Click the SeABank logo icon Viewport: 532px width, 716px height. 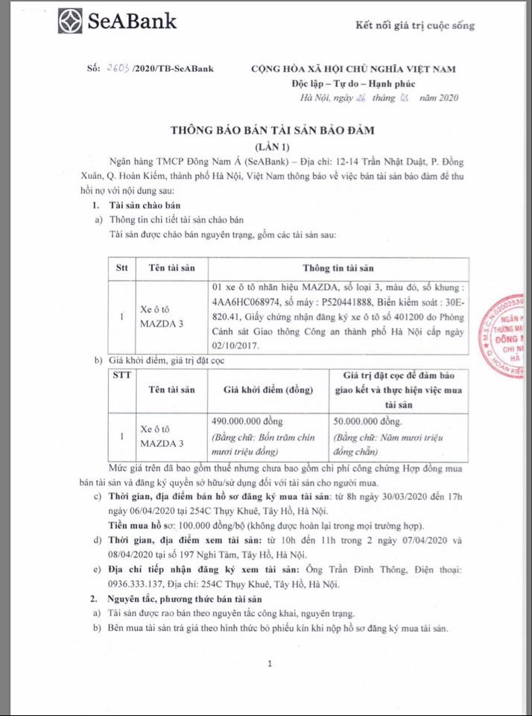click(72, 20)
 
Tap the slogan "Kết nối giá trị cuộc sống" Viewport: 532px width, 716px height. click(415, 26)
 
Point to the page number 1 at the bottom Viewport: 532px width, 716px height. click(270, 662)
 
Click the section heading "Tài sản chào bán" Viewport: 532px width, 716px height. click(144, 206)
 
